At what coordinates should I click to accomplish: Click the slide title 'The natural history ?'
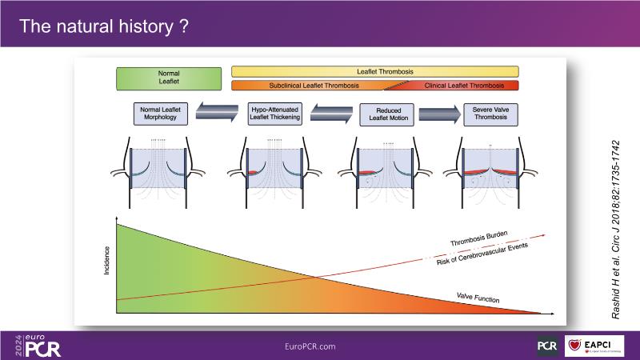pos(104,27)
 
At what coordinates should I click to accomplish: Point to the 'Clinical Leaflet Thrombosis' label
pos(464,86)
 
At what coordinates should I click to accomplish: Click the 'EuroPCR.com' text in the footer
pos(310,346)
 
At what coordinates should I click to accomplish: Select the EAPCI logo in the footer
pos(595,346)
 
